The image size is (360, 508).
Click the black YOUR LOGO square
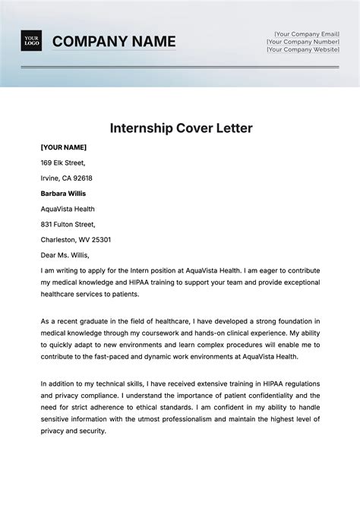[32, 41]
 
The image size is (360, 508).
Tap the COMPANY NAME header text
[114, 41]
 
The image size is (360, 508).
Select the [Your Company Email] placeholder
[308, 33]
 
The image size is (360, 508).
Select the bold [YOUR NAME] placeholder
[64, 147]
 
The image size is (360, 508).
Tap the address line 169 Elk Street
[63, 162]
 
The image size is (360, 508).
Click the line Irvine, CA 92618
[67, 178]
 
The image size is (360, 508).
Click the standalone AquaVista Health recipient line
[68, 209]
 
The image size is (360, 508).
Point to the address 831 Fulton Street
[68, 224]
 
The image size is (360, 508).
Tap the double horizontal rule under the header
[179, 67]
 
